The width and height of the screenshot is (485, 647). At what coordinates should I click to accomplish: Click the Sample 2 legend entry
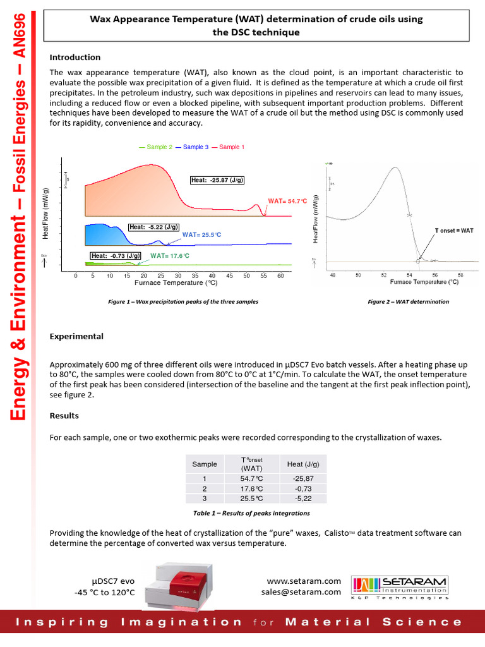pos(155,147)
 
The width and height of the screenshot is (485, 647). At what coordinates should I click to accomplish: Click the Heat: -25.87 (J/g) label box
pos(217,181)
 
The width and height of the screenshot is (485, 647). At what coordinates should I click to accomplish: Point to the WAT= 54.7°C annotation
pos(287,201)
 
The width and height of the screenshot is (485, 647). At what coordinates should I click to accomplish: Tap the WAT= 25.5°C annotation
pos(201,234)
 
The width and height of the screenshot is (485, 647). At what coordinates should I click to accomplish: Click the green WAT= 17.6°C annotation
pos(170,256)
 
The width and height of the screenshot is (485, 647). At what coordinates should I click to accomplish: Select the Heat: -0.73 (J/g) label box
pos(115,256)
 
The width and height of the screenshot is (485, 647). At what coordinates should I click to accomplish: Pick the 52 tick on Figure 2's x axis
pos(384,275)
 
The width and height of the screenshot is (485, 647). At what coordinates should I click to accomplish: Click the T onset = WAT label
pos(454,231)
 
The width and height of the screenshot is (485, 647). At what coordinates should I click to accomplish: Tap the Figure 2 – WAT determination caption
pos(409,302)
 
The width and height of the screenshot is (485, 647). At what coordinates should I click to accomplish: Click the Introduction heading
pos(75,57)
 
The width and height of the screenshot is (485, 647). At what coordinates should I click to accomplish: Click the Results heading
pos(64,416)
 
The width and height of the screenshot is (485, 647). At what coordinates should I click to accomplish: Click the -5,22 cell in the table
pos(303,498)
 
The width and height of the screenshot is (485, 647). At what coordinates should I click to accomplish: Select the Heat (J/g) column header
pos(303,464)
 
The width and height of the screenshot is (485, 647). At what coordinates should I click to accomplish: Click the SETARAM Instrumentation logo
pos(400,587)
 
